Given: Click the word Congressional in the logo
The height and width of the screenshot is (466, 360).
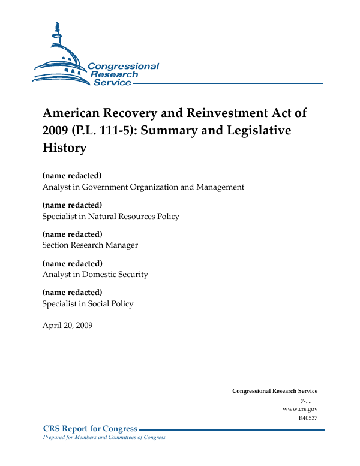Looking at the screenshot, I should (123, 66).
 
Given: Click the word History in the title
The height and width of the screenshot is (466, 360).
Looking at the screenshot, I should (64, 147).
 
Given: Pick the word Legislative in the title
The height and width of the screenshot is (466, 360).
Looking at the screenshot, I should (259, 130).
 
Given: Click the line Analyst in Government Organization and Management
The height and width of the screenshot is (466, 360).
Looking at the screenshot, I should (143, 187).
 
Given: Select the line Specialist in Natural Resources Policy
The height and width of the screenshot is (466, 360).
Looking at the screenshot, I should (110, 217).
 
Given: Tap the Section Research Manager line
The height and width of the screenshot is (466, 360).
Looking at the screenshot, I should (90, 245).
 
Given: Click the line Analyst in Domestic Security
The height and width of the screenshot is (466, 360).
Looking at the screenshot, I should (95, 275).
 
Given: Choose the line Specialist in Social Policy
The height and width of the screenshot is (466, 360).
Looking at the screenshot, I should (88, 304).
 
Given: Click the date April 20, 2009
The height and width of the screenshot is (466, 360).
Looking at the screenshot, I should (67, 326).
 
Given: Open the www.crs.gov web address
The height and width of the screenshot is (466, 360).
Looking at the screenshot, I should (299, 409).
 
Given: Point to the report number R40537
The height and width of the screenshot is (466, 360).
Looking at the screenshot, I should (308, 418).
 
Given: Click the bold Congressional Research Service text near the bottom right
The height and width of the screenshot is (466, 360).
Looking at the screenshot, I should (275, 391).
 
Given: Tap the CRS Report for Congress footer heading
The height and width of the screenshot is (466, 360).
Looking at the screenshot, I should (90, 429).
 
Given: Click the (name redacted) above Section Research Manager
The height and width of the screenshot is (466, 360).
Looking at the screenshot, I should (72, 234).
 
